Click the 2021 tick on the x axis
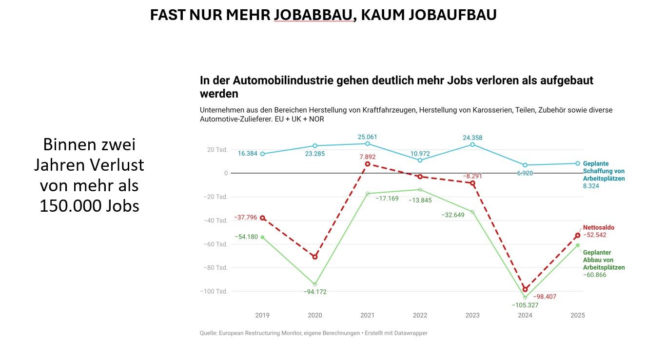(367, 316)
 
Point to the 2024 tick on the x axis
(525, 316)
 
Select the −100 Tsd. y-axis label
(215, 291)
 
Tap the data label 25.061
(367, 137)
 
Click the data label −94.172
(314, 292)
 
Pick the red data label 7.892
(367, 156)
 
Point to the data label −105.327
(525, 305)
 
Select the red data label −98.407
(545, 297)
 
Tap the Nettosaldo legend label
(599, 227)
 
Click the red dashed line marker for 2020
(315, 257)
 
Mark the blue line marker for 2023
(472, 144)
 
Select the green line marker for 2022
(420, 189)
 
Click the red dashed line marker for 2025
(577, 236)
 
